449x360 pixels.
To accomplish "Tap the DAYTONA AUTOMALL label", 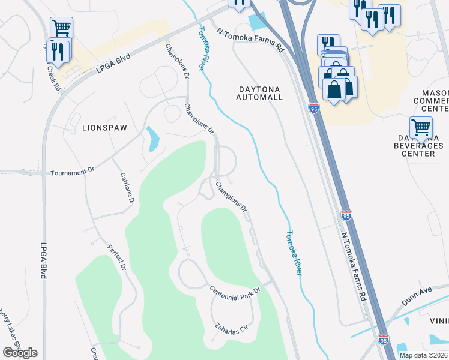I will [259, 92].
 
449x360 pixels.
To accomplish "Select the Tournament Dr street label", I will [73, 172].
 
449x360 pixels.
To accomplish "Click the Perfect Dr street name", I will [118, 256].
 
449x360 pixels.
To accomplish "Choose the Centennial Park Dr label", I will [235, 290].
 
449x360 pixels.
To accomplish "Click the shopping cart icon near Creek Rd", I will [61, 28].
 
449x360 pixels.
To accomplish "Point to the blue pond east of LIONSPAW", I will [152, 139].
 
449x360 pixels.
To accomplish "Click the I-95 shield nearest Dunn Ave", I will [387, 342].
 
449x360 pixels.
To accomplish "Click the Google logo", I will [20, 352].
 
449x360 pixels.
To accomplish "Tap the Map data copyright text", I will [423, 355].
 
